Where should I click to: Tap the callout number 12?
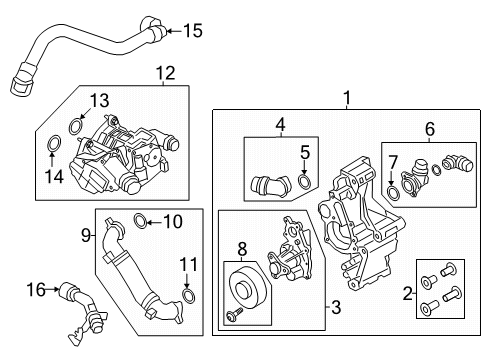point(163,72)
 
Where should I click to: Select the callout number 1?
point(347,98)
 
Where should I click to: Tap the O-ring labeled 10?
point(141,221)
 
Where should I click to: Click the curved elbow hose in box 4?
point(271,185)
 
